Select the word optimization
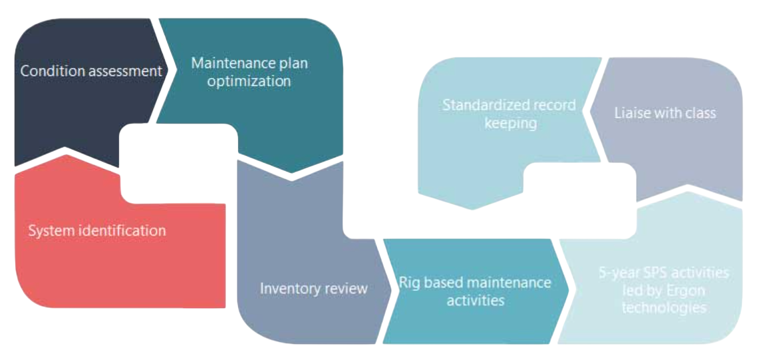pyautogui.click(x=249, y=81)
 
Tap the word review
pyautogui.click(x=346, y=289)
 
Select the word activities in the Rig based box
pyautogui.click(x=475, y=300)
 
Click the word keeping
pyautogui.click(x=510, y=123)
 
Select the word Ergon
pyautogui.click(x=683, y=291)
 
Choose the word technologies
pyautogui.click(x=663, y=308)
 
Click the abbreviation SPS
pyautogui.click(x=651, y=273)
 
